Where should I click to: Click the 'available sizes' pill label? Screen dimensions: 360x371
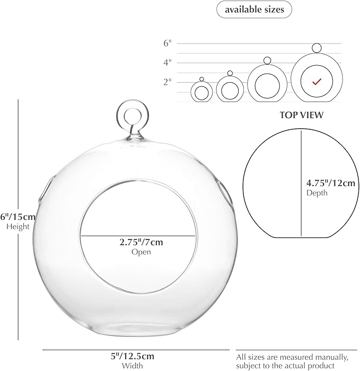click(x=254, y=10)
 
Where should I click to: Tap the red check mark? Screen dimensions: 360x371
click(x=317, y=82)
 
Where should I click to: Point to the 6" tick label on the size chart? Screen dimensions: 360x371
click(x=168, y=43)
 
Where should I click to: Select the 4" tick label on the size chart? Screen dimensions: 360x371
click(x=168, y=63)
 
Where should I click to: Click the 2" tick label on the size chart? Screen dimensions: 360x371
click(x=168, y=82)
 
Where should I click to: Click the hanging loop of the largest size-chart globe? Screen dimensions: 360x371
click(x=317, y=48)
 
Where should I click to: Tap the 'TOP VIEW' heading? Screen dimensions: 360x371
click(x=302, y=115)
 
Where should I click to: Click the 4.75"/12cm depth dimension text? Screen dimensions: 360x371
click(x=331, y=183)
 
